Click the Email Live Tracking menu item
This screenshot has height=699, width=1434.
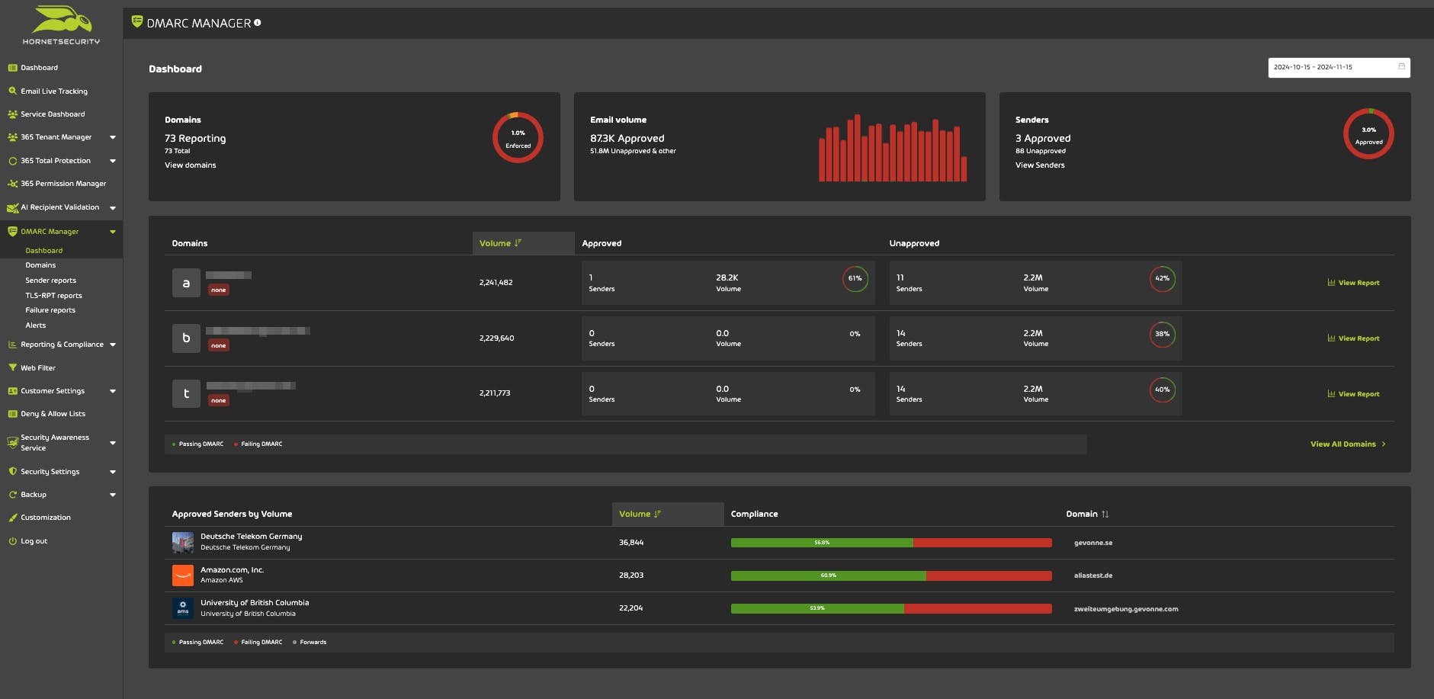click(x=53, y=91)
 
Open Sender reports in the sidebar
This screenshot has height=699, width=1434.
click(x=50, y=281)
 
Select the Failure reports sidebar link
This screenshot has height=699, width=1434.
click(x=50, y=310)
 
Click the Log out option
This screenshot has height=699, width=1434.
click(x=34, y=541)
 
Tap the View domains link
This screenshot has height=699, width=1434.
click(x=190, y=165)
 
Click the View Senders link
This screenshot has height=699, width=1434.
click(x=1039, y=165)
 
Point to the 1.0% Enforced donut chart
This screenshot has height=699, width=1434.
click(x=518, y=138)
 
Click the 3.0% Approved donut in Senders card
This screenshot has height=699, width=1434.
click(x=1368, y=134)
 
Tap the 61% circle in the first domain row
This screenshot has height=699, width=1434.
click(x=855, y=279)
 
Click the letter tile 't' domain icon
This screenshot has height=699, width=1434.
click(x=186, y=393)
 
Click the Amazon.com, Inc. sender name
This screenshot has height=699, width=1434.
click(x=232, y=570)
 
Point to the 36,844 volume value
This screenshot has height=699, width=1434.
click(x=631, y=543)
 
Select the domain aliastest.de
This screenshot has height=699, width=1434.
click(x=1092, y=576)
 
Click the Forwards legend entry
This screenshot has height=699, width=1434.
click(x=312, y=643)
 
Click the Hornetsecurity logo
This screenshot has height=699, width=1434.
click(x=61, y=25)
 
